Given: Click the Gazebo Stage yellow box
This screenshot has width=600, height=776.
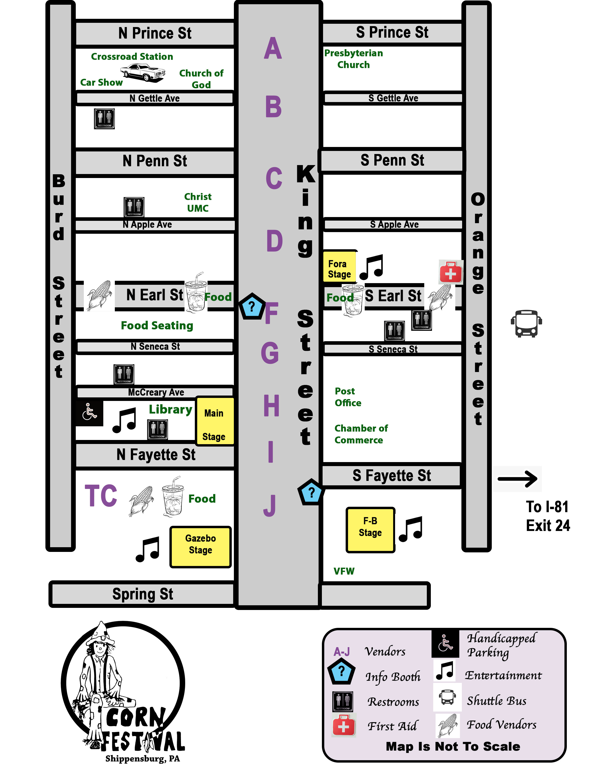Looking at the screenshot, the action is (x=200, y=546).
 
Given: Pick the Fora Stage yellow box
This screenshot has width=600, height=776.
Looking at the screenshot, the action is (x=340, y=266).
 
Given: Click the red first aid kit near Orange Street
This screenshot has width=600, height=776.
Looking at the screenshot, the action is (x=451, y=272).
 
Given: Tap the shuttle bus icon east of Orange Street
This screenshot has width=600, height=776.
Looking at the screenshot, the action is (x=526, y=323).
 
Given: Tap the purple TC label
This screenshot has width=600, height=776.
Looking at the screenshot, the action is (x=101, y=496).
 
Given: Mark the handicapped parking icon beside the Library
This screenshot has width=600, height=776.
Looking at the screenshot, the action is (x=89, y=412).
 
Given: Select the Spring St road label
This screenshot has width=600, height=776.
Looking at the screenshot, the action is (x=143, y=594).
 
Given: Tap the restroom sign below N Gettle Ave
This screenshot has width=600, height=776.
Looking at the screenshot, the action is (x=104, y=119).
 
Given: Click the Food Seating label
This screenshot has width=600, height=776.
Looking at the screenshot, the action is (x=157, y=325).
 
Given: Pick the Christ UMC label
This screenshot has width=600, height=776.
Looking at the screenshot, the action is (x=198, y=202).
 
